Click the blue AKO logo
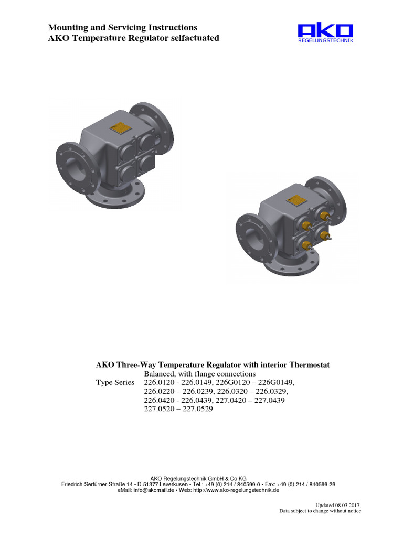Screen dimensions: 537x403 point(325,30)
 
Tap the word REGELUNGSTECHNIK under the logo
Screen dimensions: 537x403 point(325,41)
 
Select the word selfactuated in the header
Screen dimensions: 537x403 point(196,38)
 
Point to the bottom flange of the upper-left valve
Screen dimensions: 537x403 point(114,197)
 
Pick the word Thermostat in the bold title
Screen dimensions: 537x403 point(307,364)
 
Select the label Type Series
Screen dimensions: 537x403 point(115,382)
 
